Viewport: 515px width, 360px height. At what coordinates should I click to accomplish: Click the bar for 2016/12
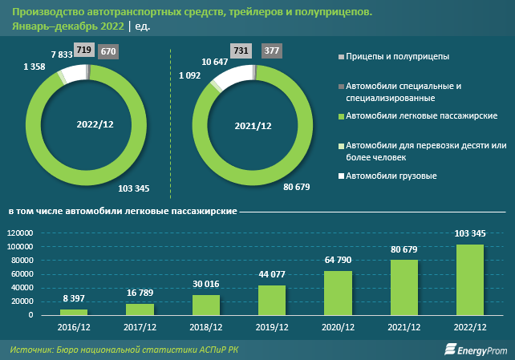click(74, 311)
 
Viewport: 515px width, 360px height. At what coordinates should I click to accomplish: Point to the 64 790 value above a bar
click(338, 261)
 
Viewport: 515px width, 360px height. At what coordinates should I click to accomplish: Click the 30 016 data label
click(206, 285)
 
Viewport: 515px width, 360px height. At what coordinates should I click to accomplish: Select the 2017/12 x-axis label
click(140, 327)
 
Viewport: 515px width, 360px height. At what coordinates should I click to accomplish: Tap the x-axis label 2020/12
click(337, 327)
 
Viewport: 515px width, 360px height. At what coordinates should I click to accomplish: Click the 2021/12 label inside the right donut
click(253, 126)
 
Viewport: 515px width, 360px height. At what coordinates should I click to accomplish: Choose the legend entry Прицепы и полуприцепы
click(393, 57)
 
